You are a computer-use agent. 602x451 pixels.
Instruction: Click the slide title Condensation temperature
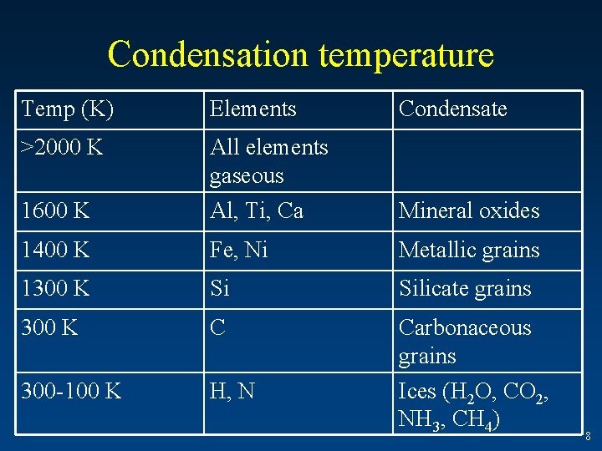tap(301, 54)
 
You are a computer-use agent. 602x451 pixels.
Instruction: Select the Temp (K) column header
tap(69, 109)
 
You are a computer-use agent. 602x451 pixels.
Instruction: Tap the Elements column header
tap(253, 109)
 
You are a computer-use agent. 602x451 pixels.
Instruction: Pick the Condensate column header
tap(453, 109)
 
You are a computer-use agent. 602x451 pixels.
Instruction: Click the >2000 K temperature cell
tap(63, 148)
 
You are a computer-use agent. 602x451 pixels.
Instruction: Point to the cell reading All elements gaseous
tap(269, 161)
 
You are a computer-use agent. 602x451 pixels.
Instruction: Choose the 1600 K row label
tap(56, 211)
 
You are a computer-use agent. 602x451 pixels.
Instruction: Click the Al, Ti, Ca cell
tap(257, 211)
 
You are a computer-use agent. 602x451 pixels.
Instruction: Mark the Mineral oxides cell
tap(469, 211)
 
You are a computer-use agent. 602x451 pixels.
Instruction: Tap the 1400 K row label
tap(56, 251)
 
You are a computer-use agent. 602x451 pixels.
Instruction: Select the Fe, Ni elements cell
tap(239, 251)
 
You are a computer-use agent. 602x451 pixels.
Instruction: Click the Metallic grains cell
tap(469, 251)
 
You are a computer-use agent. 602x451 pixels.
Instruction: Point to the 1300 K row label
tap(56, 289)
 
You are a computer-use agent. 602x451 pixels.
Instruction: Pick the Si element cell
tap(220, 289)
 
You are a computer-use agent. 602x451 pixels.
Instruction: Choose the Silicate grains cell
tap(465, 289)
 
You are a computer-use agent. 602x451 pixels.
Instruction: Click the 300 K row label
tap(50, 328)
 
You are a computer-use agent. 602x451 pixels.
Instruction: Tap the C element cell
tap(218, 328)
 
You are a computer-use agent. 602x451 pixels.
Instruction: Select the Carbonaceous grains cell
tap(465, 342)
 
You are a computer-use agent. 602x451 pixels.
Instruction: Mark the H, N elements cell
tap(232, 390)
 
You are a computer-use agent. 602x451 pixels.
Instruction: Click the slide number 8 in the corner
tap(588, 435)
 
